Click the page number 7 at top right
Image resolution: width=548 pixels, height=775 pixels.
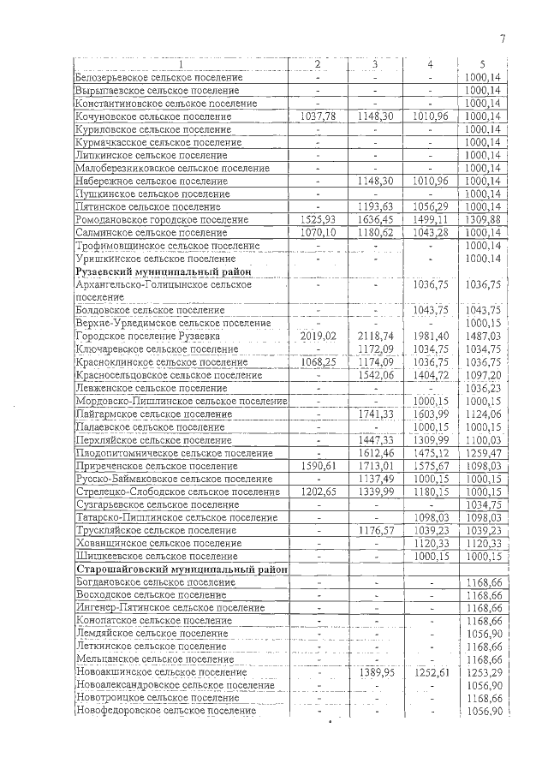503,38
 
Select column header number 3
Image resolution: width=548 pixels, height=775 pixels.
375,65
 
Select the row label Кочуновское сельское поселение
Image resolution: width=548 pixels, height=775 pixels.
154,116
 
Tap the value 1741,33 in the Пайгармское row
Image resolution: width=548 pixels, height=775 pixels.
375,414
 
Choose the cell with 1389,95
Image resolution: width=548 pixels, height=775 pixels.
375,672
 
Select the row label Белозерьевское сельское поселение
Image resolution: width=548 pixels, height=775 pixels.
158,78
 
